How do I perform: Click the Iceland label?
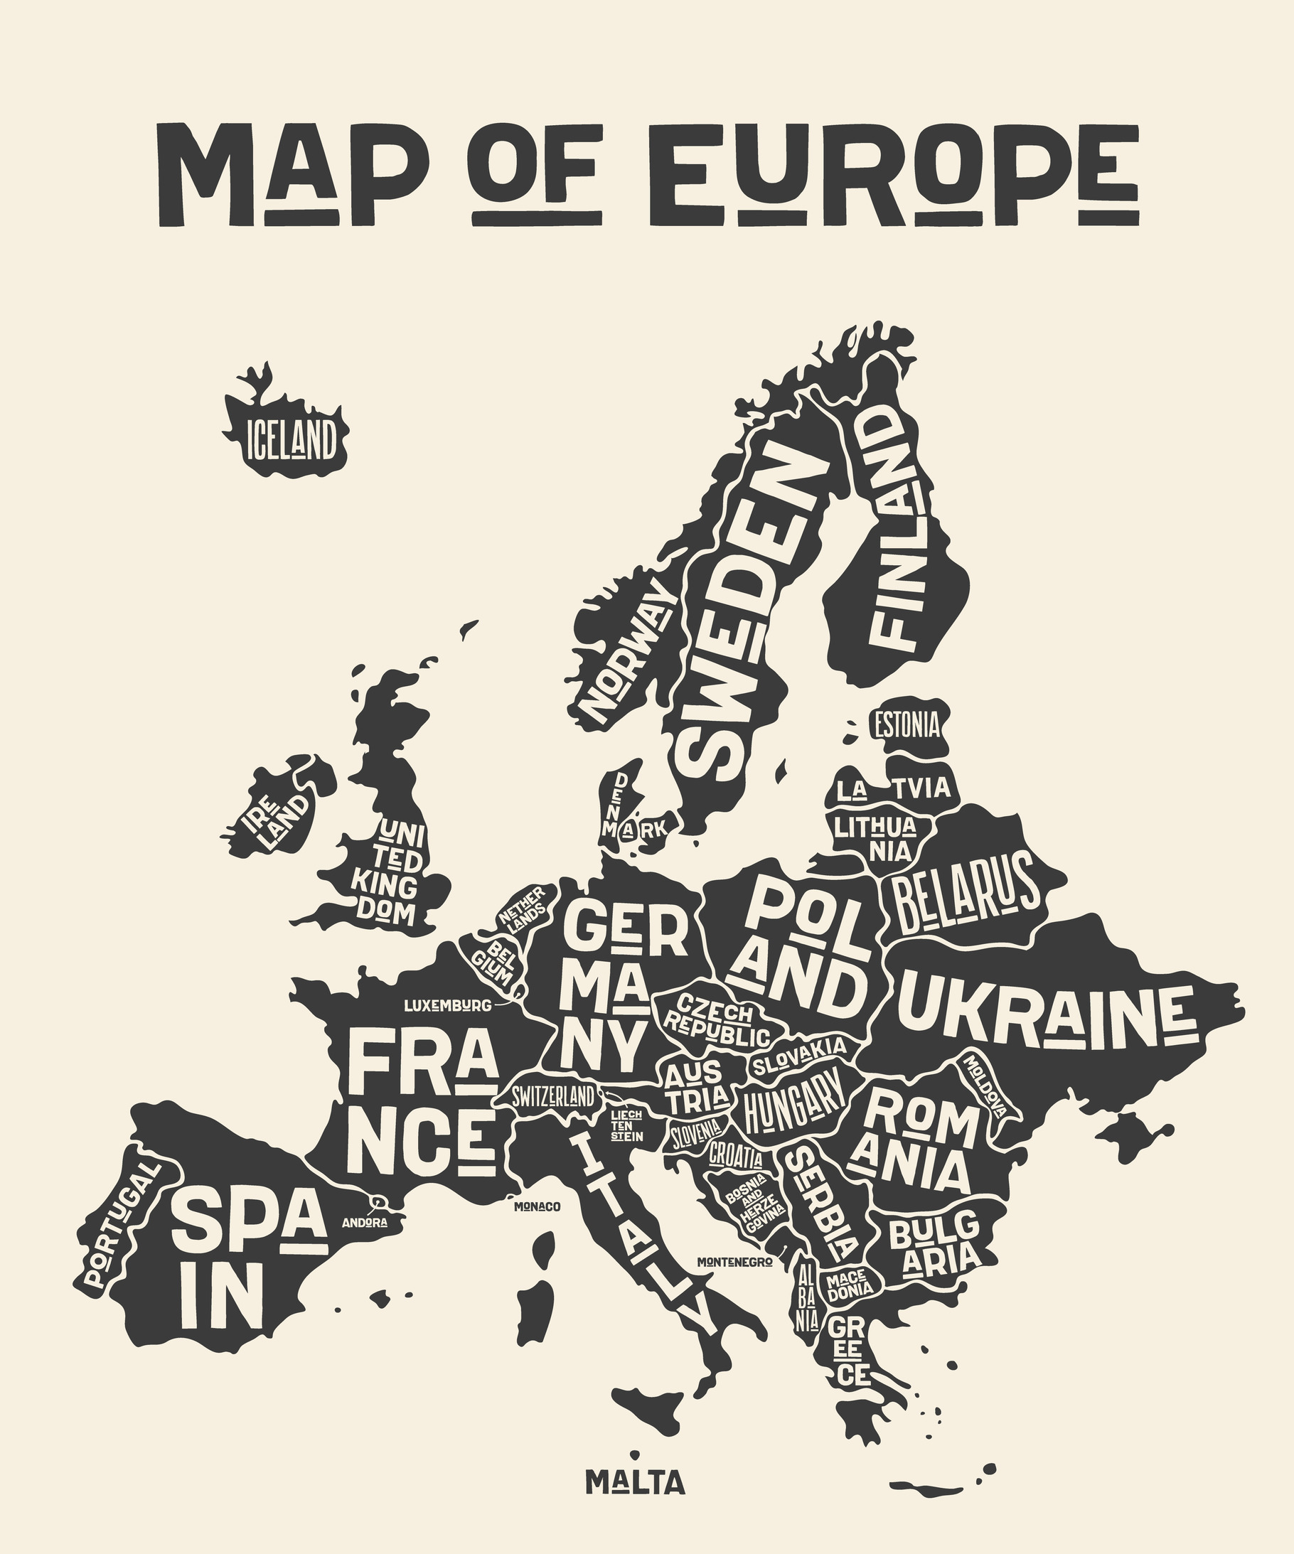[290, 439]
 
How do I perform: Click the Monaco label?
[537, 1207]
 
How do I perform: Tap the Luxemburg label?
[447, 1006]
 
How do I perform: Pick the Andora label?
[364, 1223]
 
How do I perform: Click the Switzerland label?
[554, 1097]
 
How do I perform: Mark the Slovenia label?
[696, 1132]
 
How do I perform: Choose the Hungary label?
[793, 1105]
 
